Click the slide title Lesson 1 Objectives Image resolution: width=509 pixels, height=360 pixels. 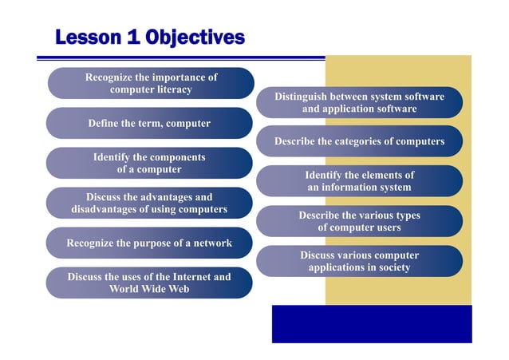pyautogui.click(x=149, y=37)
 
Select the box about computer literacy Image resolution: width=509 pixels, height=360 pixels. pyautogui.click(x=151, y=83)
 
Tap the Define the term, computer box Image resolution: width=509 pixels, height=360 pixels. pyautogui.click(x=149, y=123)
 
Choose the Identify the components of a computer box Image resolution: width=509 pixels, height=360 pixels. pyautogui.click(x=149, y=163)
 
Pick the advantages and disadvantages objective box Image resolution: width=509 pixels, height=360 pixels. pyautogui.click(x=149, y=203)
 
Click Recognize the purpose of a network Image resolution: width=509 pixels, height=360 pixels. pyautogui.click(x=149, y=243)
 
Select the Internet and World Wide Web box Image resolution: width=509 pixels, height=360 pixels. pyautogui.click(x=149, y=283)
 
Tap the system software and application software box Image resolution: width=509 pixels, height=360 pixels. pyautogui.click(x=359, y=102)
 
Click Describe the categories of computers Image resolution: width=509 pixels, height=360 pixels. pyautogui.click(x=359, y=141)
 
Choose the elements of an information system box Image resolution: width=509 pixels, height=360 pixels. pyautogui.click(x=359, y=181)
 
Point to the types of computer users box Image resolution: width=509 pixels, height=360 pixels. pyautogui.click(x=359, y=221)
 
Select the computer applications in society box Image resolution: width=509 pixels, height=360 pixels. pyautogui.click(x=359, y=261)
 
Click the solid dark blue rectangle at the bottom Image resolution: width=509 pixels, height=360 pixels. pyautogui.click(x=371, y=323)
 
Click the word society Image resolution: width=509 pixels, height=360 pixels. pyautogui.click(x=391, y=267)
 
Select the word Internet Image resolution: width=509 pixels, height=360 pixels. pyautogui.click(x=176, y=277)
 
